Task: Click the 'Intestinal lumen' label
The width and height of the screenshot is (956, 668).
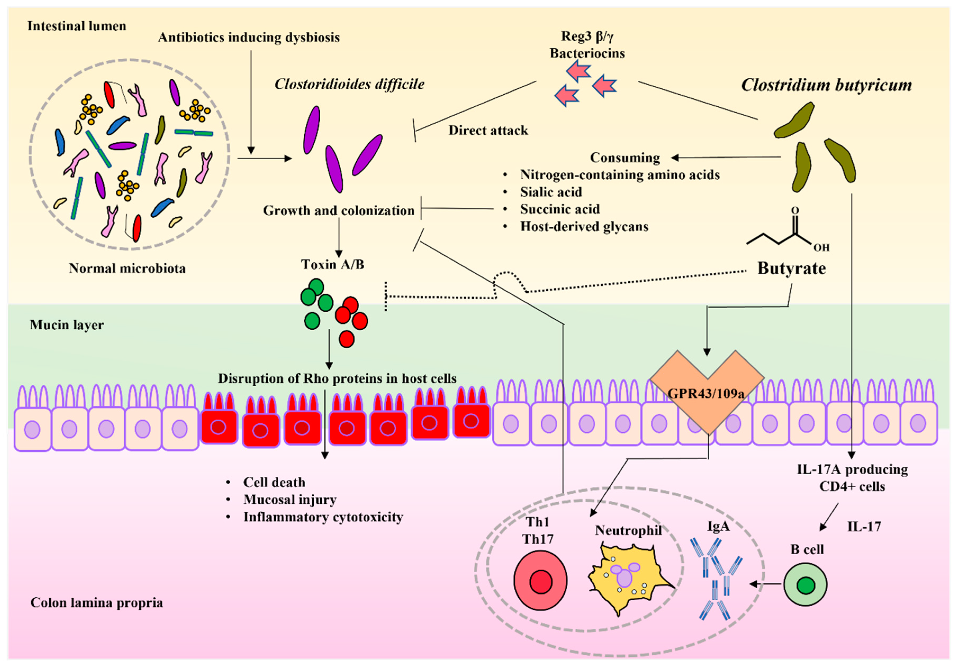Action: click(x=77, y=26)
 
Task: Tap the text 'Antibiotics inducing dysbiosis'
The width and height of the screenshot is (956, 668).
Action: click(x=248, y=38)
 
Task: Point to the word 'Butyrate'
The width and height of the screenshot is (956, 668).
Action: click(x=791, y=268)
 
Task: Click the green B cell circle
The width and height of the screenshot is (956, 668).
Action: click(x=805, y=585)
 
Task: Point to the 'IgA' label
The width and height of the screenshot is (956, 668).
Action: click(x=718, y=527)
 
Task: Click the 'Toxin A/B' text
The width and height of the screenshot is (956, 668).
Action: click(x=332, y=265)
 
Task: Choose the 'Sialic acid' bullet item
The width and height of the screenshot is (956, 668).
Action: click(x=550, y=192)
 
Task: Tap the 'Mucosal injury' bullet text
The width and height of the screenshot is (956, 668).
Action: click(x=290, y=500)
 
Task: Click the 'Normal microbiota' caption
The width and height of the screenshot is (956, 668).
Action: click(x=127, y=268)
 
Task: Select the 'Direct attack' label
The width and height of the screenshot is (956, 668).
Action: click(x=488, y=131)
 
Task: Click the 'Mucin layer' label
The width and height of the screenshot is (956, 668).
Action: click(x=67, y=325)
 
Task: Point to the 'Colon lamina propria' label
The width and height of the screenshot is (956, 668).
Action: click(x=97, y=603)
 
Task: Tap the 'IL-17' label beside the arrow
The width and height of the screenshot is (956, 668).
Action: click(x=864, y=527)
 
